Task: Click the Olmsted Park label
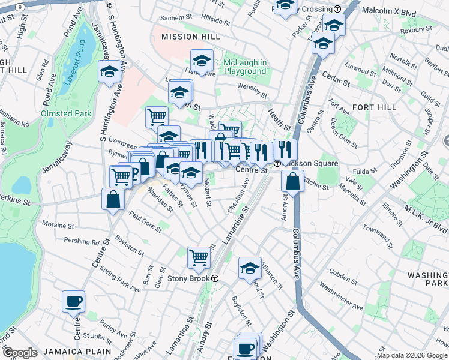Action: click(66, 113)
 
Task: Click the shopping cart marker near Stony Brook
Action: click(199, 258)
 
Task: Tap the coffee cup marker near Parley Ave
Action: click(74, 301)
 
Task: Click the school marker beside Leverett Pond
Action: click(109, 72)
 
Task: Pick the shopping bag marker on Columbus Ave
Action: click(292, 181)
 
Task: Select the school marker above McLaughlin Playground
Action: click(202, 61)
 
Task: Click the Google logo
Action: click(19, 353)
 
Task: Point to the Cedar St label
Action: click(336, 78)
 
